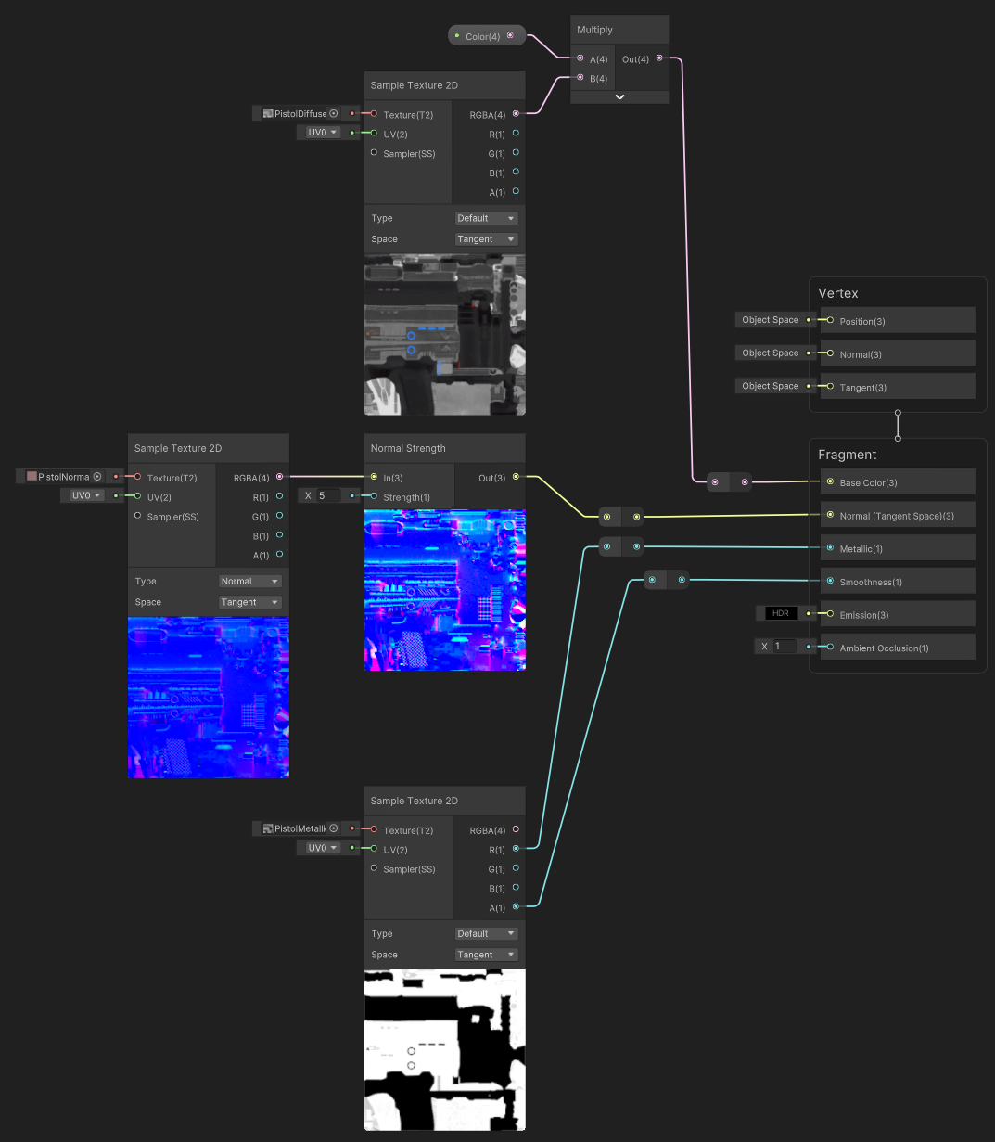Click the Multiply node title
(x=595, y=30)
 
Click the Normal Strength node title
(x=408, y=448)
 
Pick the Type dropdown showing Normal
(x=249, y=582)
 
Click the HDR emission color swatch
(x=780, y=613)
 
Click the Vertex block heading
(x=838, y=293)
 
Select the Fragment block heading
(x=847, y=455)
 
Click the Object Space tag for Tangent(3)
(x=770, y=386)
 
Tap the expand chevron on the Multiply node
(x=619, y=96)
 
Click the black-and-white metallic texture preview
(x=444, y=1049)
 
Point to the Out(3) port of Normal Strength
(x=516, y=477)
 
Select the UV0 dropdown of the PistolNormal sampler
(x=86, y=495)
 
